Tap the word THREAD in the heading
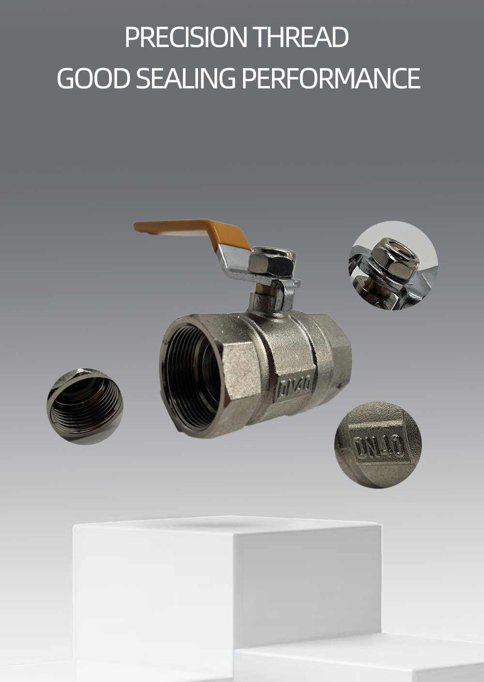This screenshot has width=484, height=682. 301,37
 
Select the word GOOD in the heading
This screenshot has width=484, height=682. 93,78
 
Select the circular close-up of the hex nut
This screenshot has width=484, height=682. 393,265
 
